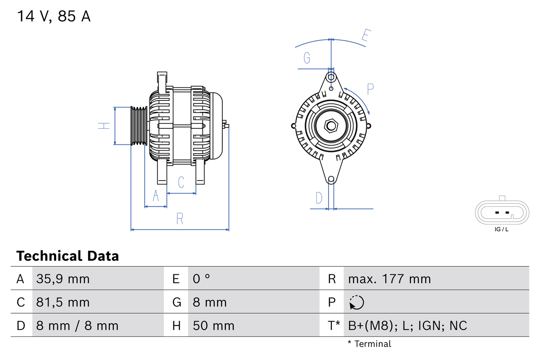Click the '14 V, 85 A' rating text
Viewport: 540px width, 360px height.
(x=54, y=16)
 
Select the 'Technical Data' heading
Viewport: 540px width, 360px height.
(x=67, y=256)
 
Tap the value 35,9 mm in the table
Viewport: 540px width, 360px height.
(x=63, y=279)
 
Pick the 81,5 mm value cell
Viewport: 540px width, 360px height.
(x=63, y=302)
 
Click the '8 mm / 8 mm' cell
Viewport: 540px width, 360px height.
(x=77, y=325)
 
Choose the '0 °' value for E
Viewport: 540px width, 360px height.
(x=202, y=279)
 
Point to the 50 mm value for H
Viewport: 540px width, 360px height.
(x=213, y=325)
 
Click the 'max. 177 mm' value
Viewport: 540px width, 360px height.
(x=389, y=279)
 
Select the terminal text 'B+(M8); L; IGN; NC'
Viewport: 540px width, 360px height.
(x=408, y=325)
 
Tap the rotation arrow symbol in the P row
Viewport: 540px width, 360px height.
(x=356, y=302)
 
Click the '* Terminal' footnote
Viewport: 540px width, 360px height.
(x=369, y=344)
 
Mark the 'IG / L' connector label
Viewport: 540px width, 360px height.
(x=502, y=230)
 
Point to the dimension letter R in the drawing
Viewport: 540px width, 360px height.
(x=180, y=219)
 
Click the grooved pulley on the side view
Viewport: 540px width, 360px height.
(x=139, y=126)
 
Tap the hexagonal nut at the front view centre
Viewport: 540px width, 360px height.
(x=331, y=126)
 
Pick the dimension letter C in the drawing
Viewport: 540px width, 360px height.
(x=181, y=182)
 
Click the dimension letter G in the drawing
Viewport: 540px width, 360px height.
(x=307, y=57)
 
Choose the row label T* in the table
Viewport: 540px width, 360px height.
(x=334, y=325)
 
